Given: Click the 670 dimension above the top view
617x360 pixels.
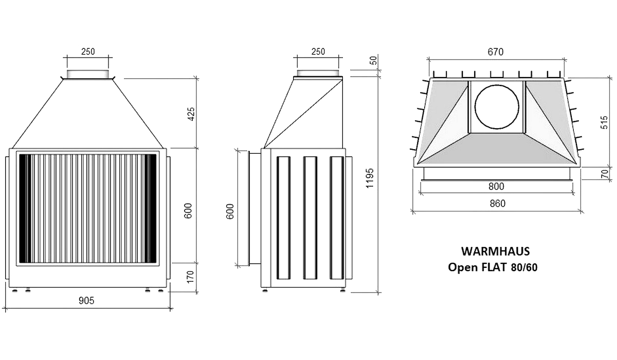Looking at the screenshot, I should click(496, 52).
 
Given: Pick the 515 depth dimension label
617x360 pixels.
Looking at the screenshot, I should click(605, 121).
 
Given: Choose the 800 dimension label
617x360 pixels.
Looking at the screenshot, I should click(497, 186).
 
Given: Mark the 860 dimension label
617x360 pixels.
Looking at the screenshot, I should click(497, 203).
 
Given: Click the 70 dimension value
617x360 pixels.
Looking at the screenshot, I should click(605, 173).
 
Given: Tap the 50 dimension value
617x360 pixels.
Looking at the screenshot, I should click(374, 60).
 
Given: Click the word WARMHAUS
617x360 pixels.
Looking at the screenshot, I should click(495, 251).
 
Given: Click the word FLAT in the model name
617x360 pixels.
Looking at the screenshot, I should click(494, 267).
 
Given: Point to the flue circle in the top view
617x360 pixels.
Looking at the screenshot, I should click(496, 107).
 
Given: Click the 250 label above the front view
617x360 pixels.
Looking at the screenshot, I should click(88, 51).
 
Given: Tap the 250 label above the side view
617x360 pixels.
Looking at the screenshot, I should click(318, 51).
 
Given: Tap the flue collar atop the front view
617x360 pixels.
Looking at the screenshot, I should click(88, 74).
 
